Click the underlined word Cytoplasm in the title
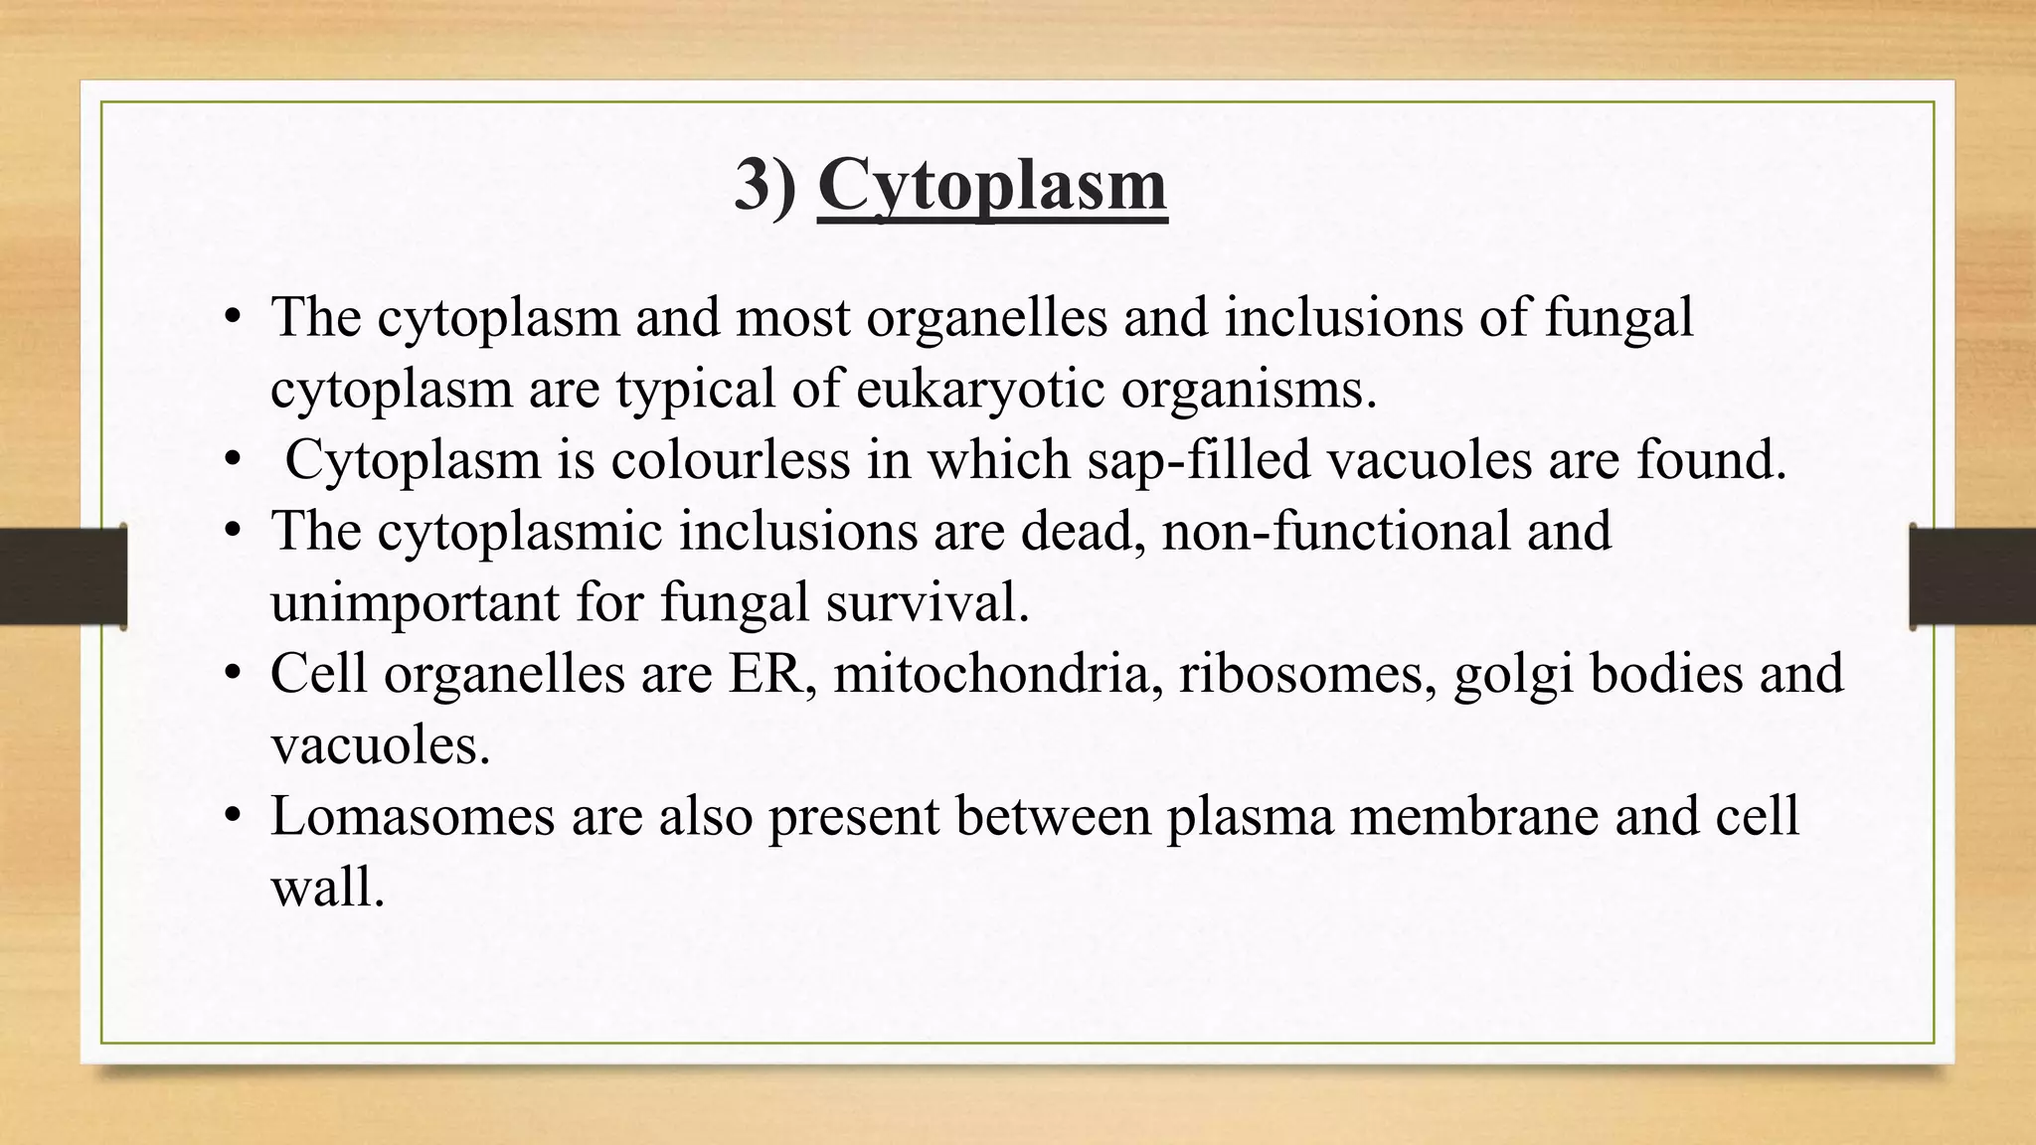point(991,186)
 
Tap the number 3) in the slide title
point(765,186)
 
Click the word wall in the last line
point(326,887)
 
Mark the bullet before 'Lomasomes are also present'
point(234,817)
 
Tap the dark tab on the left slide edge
point(63,576)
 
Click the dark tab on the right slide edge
point(1972,576)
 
